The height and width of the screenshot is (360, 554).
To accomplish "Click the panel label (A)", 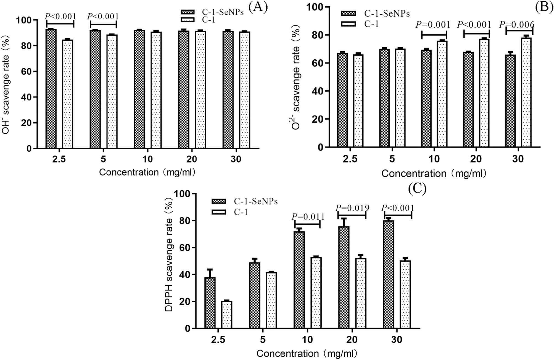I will point(258,7).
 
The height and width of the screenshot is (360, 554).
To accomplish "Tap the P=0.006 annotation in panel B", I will point(516,25).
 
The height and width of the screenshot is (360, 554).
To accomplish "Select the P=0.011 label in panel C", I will point(308,217).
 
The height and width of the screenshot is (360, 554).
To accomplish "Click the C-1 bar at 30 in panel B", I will point(526,92).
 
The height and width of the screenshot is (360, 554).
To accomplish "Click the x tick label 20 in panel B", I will point(476,159).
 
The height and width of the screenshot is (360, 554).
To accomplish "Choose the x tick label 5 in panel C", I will point(263,340).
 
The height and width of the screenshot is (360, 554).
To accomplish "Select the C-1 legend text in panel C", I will point(241,212).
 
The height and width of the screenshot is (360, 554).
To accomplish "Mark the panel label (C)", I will point(417,188).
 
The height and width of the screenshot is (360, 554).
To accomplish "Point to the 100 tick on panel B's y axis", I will point(315,7).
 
